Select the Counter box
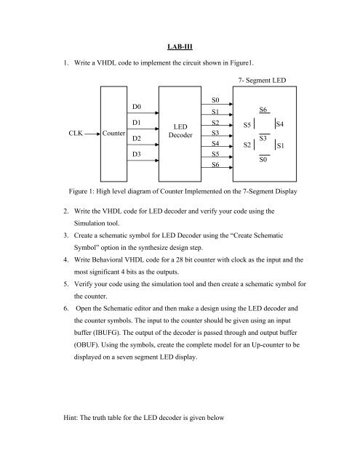point(113,133)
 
